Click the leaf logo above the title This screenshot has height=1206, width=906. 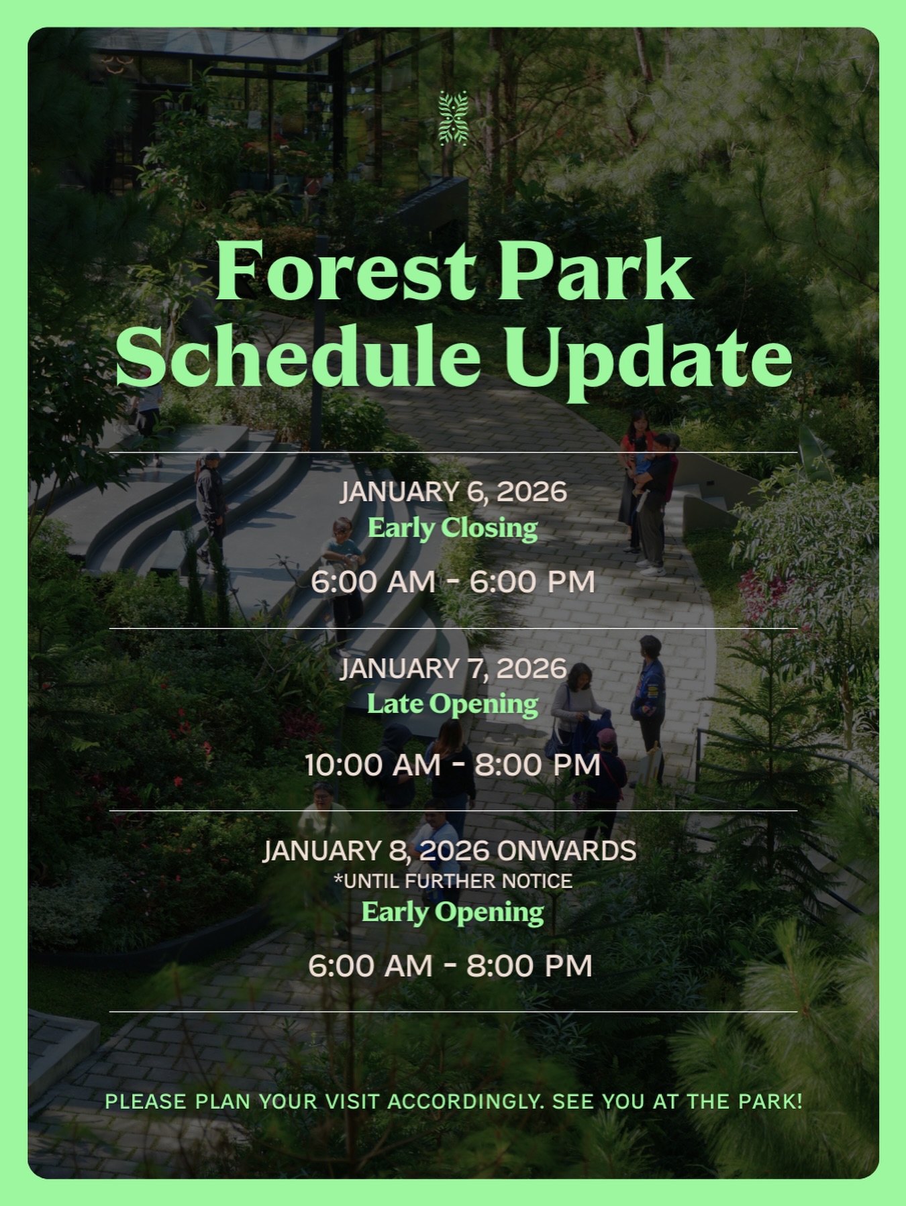453,119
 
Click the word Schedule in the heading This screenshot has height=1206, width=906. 298,355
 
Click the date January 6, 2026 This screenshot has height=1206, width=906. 453,492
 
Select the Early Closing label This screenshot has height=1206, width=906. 453,528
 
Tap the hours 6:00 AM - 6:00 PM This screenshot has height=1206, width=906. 453,582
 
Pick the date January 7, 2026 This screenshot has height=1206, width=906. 453,669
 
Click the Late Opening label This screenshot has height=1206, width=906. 453,704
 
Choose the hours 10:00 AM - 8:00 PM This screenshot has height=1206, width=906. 453,765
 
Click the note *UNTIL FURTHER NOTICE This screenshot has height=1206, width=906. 453,881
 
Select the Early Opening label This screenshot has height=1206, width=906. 453,912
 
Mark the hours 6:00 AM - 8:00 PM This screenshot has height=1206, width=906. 450,966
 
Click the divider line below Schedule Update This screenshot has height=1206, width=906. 453,453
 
